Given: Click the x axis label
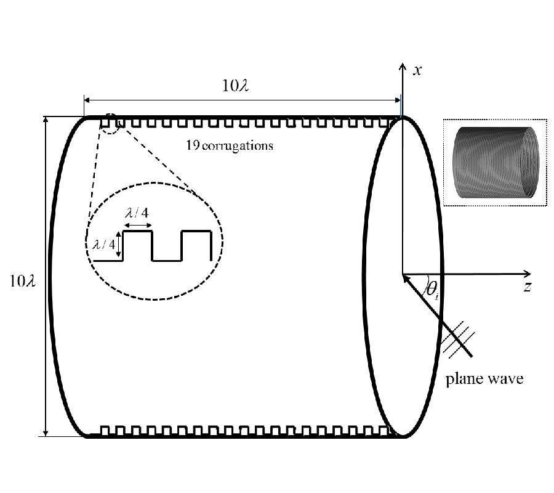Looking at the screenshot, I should (x=417, y=70).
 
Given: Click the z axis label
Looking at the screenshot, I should (x=528, y=287).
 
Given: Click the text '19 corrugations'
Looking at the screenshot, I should (x=230, y=146).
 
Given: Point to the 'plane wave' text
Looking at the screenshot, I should (x=484, y=378).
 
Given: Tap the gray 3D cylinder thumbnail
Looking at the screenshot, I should (x=494, y=163).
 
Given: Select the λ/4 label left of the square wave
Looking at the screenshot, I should (x=103, y=244).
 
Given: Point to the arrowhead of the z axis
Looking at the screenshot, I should (x=528, y=274).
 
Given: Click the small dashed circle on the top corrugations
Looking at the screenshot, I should (x=111, y=123).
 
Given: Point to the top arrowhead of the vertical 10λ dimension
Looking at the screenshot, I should (x=46, y=120).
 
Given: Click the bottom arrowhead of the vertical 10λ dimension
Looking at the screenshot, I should (x=46, y=433).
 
